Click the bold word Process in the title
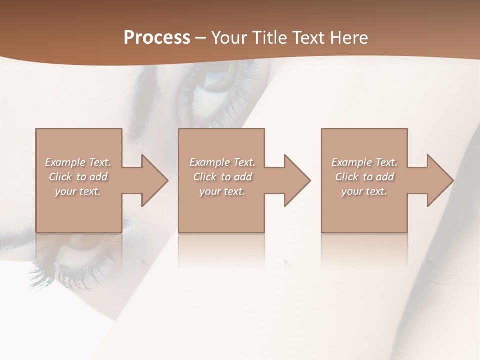click(157, 38)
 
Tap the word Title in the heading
click(269, 38)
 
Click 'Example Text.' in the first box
click(78, 162)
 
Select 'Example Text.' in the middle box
click(222, 162)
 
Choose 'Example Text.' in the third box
click(364, 162)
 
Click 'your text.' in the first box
click(78, 191)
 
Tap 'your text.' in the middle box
click(222, 191)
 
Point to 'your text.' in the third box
click(364, 191)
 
